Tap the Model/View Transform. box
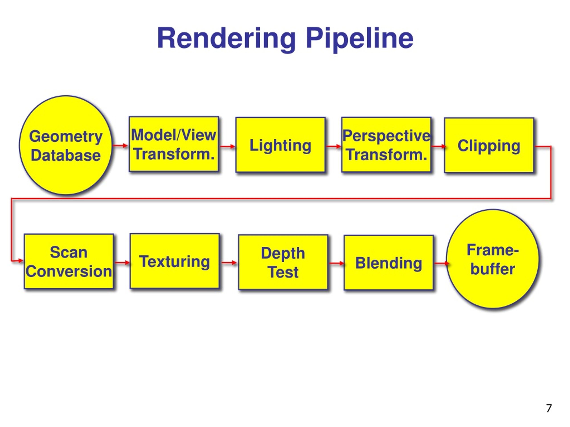click(174, 144)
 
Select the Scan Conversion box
click(69, 262)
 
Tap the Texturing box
click(175, 261)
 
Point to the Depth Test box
click(283, 262)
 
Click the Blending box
click(388, 263)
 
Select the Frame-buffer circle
click(493, 259)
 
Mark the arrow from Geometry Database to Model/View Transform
click(120, 146)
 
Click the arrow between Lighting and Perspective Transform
click(333, 147)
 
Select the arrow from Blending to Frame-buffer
click(441, 263)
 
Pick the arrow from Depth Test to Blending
click(336, 263)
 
